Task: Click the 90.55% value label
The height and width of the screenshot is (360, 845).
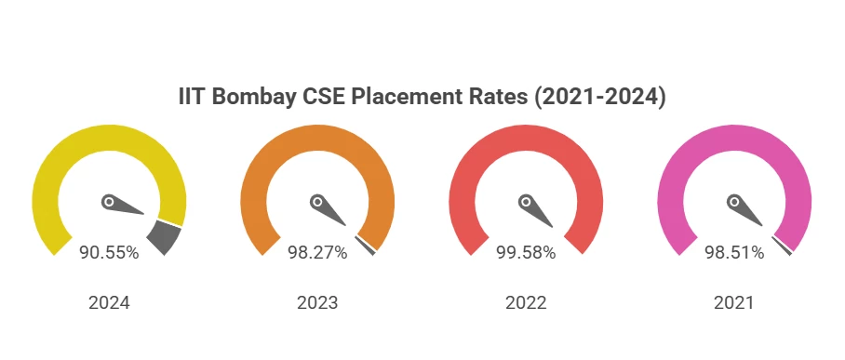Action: [x=109, y=252]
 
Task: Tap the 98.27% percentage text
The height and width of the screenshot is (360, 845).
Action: [x=317, y=252]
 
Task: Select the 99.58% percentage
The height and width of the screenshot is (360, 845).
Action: [x=526, y=252]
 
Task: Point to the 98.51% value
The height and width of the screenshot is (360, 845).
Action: [x=734, y=252]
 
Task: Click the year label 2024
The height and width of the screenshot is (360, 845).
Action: [x=109, y=303]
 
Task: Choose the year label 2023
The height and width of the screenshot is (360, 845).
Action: [x=317, y=303]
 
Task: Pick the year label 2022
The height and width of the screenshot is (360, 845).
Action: [x=526, y=303]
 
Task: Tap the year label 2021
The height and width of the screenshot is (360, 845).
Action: [x=734, y=303]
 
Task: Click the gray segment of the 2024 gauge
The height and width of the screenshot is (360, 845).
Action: [x=164, y=237]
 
